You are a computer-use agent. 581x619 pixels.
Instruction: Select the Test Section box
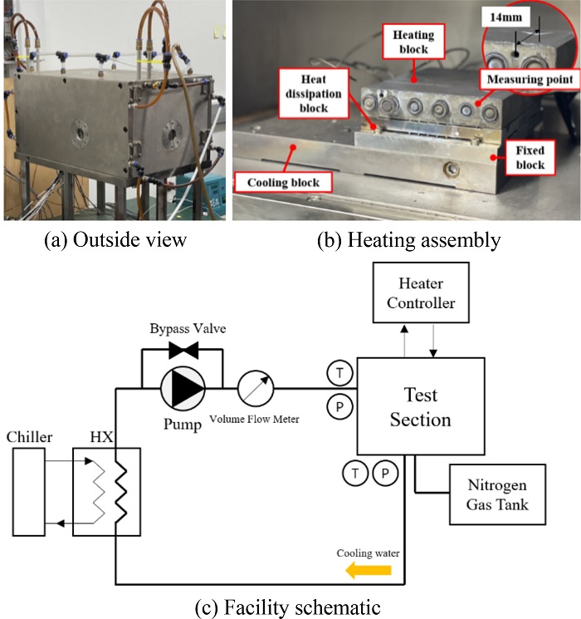421,406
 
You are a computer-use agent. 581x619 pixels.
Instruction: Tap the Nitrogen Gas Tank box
497,494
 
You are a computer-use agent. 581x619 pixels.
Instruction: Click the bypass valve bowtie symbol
182,351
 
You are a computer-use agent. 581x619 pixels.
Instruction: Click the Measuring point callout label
529,80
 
